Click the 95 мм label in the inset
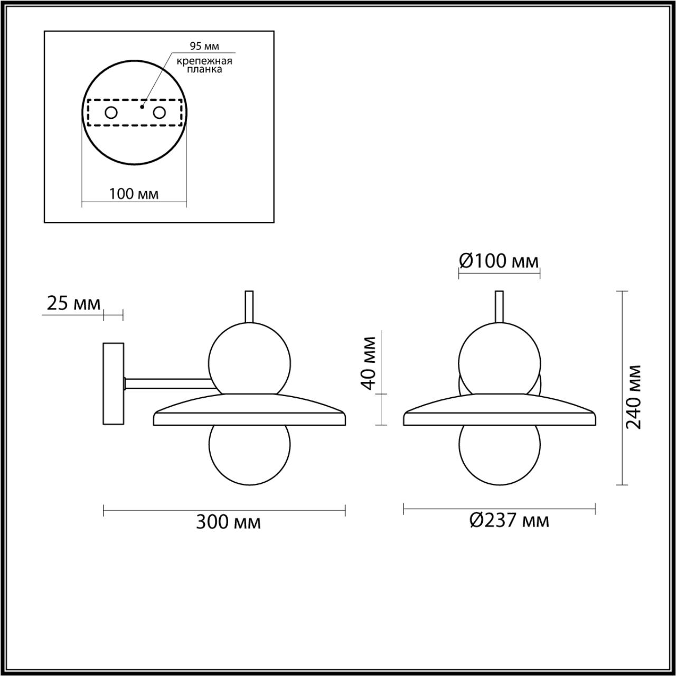point(204,46)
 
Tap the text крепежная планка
point(204,65)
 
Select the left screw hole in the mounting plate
point(111,112)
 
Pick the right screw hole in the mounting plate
point(159,112)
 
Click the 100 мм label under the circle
point(134,194)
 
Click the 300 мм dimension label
point(228,522)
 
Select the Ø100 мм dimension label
point(499,260)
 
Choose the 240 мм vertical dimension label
point(634,396)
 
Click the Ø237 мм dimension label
point(509,521)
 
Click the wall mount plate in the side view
point(113,383)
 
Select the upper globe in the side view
point(249,359)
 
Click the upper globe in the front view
point(499,358)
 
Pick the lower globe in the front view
point(499,453)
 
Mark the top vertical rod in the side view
point(249,306)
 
